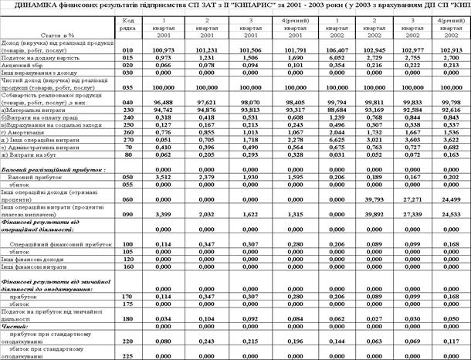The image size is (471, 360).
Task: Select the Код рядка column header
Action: (x=128, y=22)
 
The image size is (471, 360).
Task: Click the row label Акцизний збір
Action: (x=23, y=66)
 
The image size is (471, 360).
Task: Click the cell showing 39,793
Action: (x=368, y=200)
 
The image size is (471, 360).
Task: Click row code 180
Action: (x=128, y=318)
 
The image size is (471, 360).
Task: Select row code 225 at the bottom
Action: (x=128, y=355)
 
